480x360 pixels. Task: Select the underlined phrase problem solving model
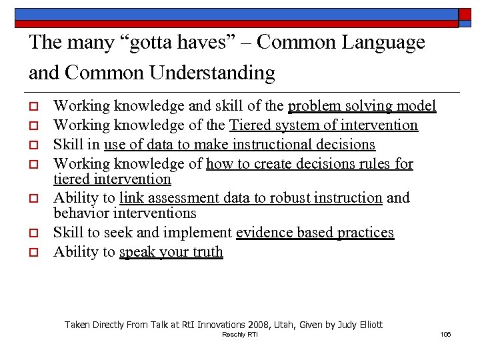tap(362, 106)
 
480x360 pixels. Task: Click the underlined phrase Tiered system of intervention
tap(323, 125)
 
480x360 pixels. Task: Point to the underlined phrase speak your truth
tap(171, 252)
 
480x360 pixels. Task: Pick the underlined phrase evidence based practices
tap(315, 233)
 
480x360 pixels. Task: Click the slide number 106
tap(445, 334)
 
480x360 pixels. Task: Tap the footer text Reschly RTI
tap(239, 334)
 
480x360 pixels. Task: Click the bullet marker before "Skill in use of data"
tap(32, 145)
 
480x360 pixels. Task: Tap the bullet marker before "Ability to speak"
tap(32, 252)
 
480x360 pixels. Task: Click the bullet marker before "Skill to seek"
tap(32, 233)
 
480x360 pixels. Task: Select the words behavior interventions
tap(125, 213)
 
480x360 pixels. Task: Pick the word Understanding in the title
tap(212, 73)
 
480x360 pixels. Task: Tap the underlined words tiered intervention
tap(112, 179)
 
